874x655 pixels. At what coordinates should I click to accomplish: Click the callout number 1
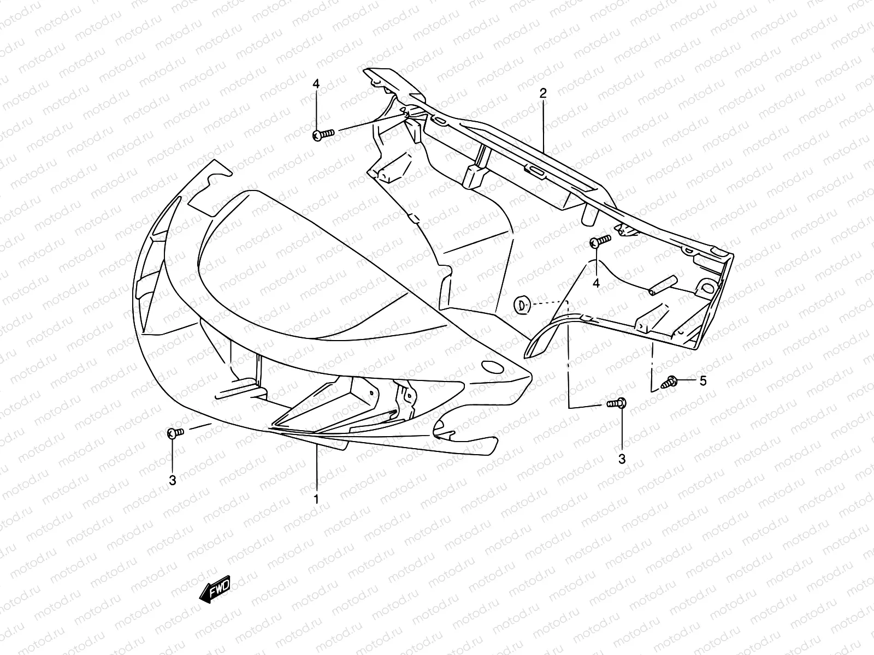316,499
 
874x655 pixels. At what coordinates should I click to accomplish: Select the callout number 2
542,93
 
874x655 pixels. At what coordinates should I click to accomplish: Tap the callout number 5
702,381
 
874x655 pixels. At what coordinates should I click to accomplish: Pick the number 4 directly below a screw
596,283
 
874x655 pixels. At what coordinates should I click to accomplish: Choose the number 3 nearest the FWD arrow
172,480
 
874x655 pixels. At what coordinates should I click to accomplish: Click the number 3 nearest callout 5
622,460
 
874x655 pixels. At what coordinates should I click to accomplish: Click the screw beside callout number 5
669,383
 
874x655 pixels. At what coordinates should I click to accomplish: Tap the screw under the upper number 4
323,134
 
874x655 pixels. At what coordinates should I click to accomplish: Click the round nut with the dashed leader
522,303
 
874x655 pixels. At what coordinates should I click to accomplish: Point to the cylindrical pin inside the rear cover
663,286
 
